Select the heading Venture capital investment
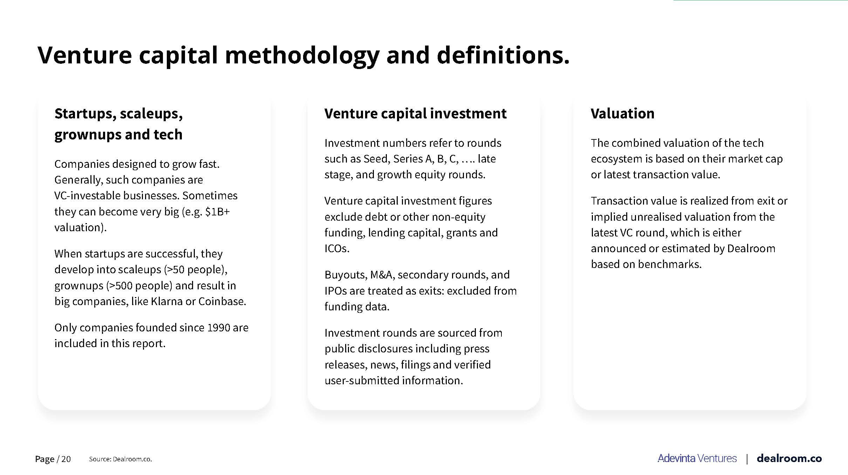(415, 113)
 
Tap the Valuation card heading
(622, 113)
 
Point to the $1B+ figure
(217, 212)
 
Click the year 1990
(218, 328)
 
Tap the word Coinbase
(222, 301)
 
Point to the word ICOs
(337, 248)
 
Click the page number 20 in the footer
(66, 459)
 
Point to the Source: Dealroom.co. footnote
(120, 459)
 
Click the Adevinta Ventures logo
(697, 459)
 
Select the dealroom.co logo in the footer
(789, 459)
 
